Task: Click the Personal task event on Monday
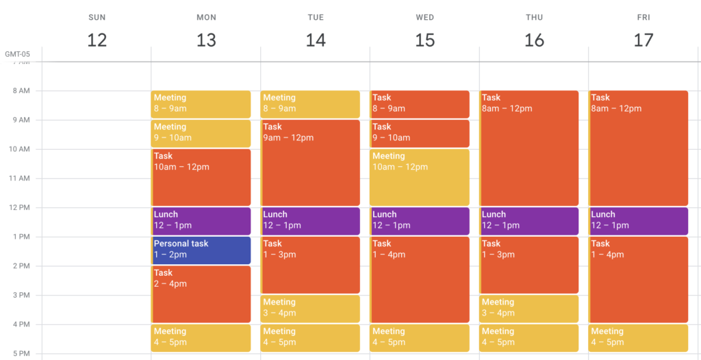201,250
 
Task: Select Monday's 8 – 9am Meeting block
201,104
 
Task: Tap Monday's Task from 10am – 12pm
201,177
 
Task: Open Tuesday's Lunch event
310,221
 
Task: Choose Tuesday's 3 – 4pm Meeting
310,309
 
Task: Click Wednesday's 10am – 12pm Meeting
420,177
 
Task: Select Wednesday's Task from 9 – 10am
420,133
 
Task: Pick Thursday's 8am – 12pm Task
529,148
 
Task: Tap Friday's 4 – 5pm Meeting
638,338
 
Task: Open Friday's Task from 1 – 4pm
638,279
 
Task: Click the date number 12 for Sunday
97,40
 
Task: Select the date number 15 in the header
424,40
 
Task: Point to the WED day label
424,17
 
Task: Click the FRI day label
643,17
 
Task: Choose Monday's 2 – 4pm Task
201,294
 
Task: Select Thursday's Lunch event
529,221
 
